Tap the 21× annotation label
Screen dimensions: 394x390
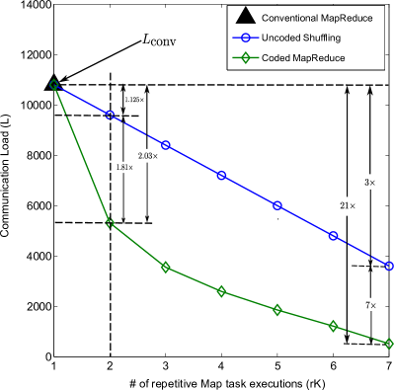[x=347, y=206]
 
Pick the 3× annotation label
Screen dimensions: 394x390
[x=370, y=184]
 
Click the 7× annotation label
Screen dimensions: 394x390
[x=369, y=306]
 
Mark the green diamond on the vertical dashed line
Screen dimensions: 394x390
[x=110, y=223]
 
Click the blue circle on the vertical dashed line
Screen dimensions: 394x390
[x=110, y=116]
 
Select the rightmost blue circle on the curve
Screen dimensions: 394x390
[x=389, y=266]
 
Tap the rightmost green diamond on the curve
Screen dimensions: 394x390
[x=389, y=344]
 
